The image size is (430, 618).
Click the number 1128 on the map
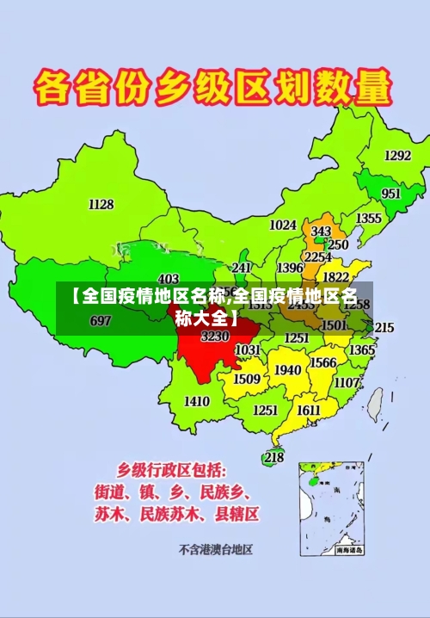point(101,204)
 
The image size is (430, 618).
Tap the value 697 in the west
point(101,321)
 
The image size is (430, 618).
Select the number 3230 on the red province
point(215,337)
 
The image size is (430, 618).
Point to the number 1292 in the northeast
point(397,156)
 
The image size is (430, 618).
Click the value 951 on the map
point(390,194)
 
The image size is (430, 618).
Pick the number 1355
point(369,219)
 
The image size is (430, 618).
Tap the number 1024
point(283,225)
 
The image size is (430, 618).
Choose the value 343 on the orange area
point(321,232)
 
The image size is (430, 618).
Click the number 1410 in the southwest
point(197,401)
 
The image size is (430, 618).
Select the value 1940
point(287,370)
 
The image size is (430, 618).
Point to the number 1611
point(309,410)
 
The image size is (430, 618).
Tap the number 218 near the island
point(273,457)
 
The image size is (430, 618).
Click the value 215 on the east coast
point(384,328)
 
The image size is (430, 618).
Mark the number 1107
point(347,382)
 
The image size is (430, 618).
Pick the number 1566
point(322,363)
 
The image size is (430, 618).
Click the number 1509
point(247,379)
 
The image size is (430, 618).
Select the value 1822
point(335,277)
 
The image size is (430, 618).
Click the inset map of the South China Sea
point(332,508)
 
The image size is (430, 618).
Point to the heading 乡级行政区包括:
point(172,470)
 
